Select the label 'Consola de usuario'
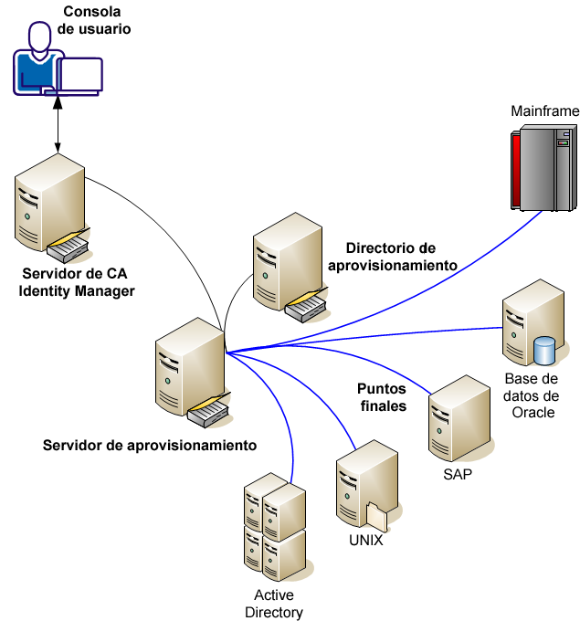[94, 20]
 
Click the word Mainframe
[544, 111]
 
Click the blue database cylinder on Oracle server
[544, 350]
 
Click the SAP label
[458, 476]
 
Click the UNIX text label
[365, 540]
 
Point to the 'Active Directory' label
[273, 604]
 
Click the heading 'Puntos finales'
[381, 396]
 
